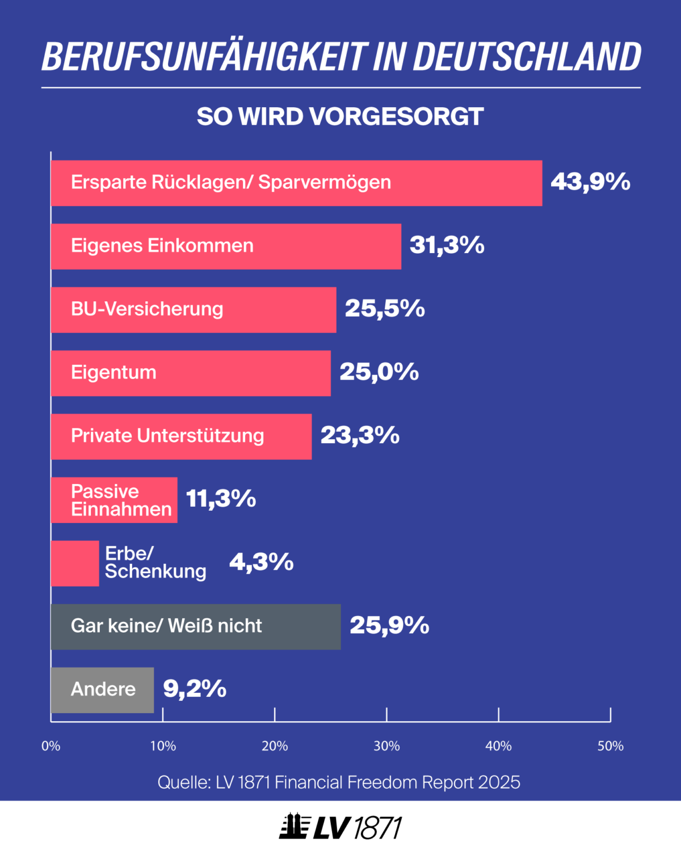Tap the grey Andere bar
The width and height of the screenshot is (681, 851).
[x=102, y=690]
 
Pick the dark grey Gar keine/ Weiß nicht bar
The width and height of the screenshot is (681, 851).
[x=196, y=626]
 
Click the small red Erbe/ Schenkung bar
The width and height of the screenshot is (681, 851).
[x=75, y=563]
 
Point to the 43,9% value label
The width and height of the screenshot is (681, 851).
[x=590, y=182]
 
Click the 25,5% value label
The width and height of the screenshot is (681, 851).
[x=385, y=309]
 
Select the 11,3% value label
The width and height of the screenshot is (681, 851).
[x=221, y=499]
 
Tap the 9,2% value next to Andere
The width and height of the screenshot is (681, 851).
[x=195, y=689]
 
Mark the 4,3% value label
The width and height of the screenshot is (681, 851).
[x=261, y=562]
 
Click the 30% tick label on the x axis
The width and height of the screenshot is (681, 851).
[x=386, y=746]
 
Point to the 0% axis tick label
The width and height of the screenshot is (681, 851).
[x=51, y=746]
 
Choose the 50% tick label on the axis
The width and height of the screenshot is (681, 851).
[x=610, y=746]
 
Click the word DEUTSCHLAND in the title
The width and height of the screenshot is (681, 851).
[x=527, y=57]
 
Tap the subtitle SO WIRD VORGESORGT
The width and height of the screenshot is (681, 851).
[x=340, y=117]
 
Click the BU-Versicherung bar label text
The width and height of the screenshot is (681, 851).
[x=147, y=309]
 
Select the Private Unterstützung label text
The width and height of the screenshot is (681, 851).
[x=167, y=436]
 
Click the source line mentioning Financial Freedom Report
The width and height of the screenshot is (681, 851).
[x=339, y=782]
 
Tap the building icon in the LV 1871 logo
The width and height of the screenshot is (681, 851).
[x=294, y=827]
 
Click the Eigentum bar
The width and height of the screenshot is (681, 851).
[x=191, y=373]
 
